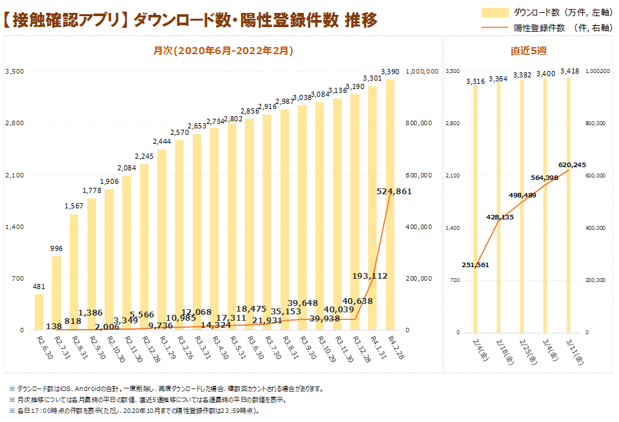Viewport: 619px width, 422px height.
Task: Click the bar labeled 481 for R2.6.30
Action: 39,312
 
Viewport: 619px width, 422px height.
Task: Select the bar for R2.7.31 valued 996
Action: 57,294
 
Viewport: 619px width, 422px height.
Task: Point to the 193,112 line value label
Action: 369,276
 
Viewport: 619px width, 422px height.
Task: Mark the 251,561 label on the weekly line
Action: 475,265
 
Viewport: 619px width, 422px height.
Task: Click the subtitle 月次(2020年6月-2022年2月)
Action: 223,50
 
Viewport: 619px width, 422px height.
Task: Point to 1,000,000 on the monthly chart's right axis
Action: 423,71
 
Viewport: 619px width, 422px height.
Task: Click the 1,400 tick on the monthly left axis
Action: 14,226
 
